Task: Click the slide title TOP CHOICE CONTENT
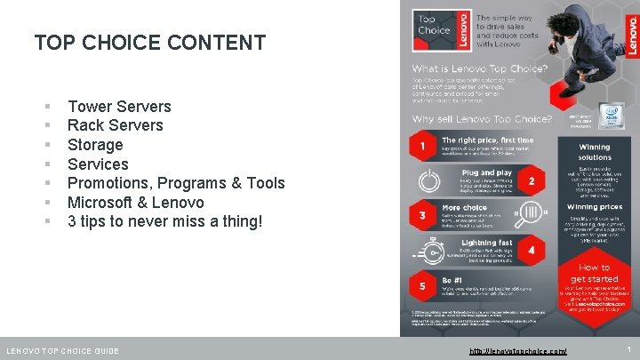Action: coord(149,43)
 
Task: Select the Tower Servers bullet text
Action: coord(119,107)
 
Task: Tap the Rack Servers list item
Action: coord(116,125)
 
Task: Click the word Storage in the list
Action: coord(95,145)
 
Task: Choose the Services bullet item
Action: coord(98,164)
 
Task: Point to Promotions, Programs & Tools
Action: coord(176,183)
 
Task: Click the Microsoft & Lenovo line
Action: coord(136,203)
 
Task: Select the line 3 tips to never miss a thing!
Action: coord(165,221)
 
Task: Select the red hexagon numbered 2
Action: coord(531,180)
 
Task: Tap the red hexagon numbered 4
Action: coord(531,252)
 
